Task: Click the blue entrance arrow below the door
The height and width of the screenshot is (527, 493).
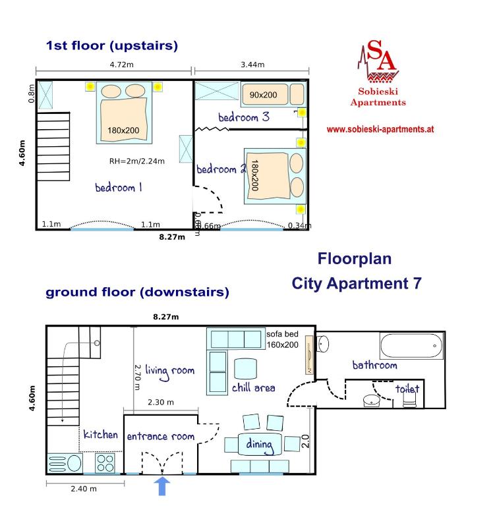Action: (x=162, y=486)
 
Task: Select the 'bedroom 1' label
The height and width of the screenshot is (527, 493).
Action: (x=119, y=188)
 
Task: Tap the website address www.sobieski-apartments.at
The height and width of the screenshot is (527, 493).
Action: (x=380, y=130)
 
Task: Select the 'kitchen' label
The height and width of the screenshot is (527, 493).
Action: (x=100, y=435)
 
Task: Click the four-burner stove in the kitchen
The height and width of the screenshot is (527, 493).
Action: (x=105, y=463)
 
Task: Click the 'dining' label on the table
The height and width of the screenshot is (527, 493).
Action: (x=259, y=445)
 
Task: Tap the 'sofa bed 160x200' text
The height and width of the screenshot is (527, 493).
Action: (x=283, y=339)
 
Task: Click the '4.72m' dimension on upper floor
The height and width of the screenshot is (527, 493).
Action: (x=121, y=65)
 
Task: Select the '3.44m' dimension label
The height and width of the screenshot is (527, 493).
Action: (x=252, y=65)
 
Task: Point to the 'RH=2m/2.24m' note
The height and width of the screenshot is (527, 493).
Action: (x=137, y=160)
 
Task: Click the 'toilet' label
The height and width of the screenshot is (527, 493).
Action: (x=407, y=389)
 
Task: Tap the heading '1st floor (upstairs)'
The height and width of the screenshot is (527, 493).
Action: (x=111, y=45)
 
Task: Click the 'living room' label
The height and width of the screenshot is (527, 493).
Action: (x=169, y=371)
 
